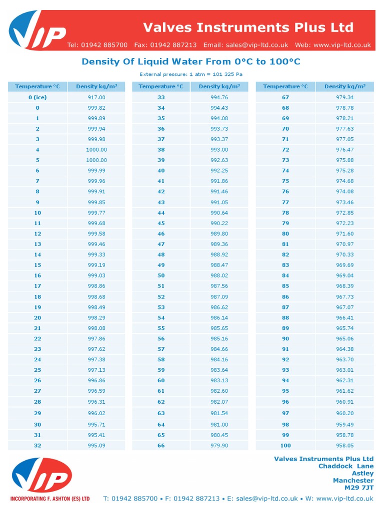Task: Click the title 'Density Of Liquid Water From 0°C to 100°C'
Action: pos(191,62)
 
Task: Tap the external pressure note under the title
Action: pos(191,75)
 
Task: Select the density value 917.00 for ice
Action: pos(96,97)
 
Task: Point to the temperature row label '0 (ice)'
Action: pos(37,97)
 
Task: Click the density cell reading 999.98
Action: pos(96,139)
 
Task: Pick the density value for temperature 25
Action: pos(96,370)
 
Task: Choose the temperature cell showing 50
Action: pos(161,275)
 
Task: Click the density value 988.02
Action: pos(219,275)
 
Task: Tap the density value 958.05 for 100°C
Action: pos(344,445)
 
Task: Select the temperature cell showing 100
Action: pos(285,445)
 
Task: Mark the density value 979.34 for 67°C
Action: pos(344,97)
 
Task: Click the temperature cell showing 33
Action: pos(161,97)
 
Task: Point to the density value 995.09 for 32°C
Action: pos(96,445)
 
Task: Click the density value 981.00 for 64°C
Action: pos(219,425)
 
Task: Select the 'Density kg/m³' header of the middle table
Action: pos(219,86)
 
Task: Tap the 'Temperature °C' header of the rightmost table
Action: pos(285,86)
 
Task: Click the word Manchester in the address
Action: pos(353,480)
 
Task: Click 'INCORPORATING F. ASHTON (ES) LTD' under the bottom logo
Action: pos(50,498)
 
